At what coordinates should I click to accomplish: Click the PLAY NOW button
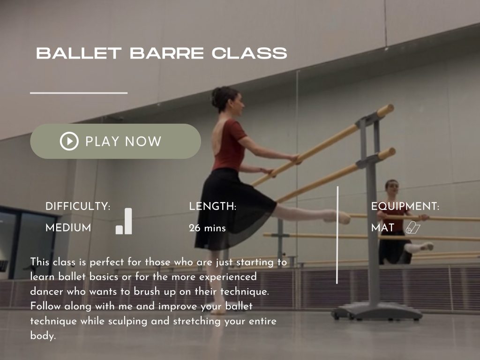pyautogui.click(x=115, y=141)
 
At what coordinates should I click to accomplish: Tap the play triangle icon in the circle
pyautogui.click(x=69, y=141)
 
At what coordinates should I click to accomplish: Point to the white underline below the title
pyautogui.click(x=79, y=93)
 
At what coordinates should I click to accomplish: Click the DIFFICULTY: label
pyautogui.click(x=78, y=206)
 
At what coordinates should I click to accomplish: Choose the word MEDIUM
pyautogui.click(x=68, y=228)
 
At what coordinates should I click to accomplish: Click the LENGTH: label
pyautogui.click(x=212, y=206)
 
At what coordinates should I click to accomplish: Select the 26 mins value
pyautogui.click(x=207, y=229)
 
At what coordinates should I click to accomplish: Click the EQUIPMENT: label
pyautogui.click(x=405, y=206)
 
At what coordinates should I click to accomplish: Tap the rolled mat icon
pyautogui.click(x=413, y=228)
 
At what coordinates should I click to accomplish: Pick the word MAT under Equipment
pyautogui.click(x=382, y=228)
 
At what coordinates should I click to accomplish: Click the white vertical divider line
pyautogui.click(x=337, y=234)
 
